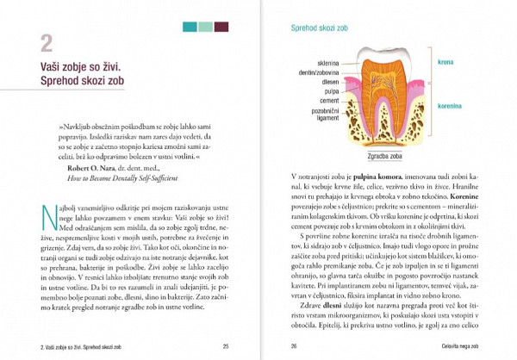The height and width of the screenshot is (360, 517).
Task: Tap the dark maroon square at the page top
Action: (221, 27)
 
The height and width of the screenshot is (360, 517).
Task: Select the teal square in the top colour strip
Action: (190, 27)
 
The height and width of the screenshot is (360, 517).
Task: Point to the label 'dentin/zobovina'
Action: (321, 72)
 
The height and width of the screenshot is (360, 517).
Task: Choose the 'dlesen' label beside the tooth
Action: (330, 82)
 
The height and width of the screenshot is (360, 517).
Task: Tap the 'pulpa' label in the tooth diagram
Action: (331, 91)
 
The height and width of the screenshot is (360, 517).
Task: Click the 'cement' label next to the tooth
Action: (328, 101)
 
